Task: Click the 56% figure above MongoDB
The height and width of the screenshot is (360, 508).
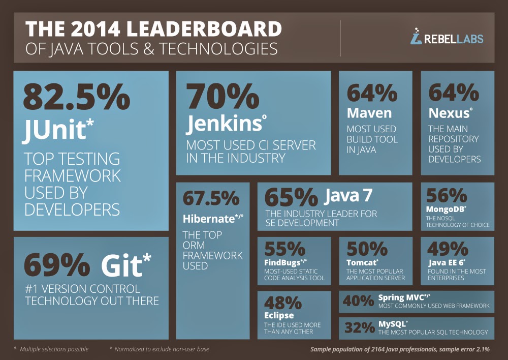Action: click(x=447, y=195)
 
